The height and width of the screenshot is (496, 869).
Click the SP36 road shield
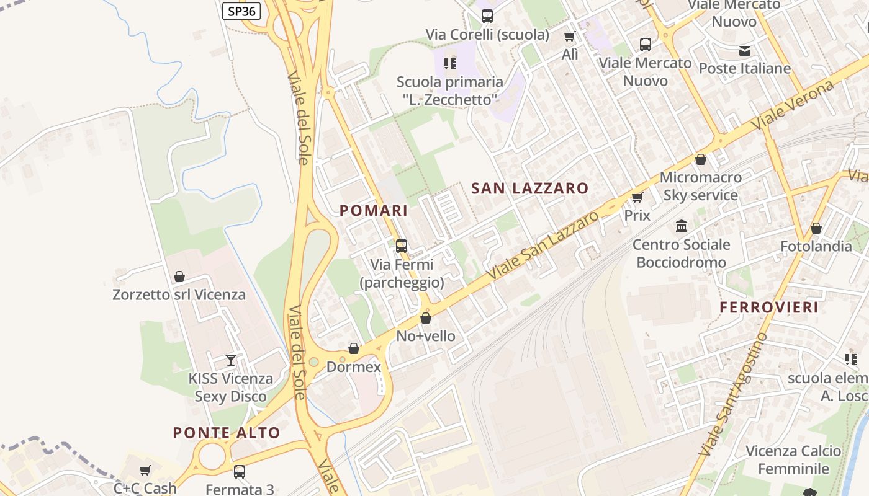pyautogui.click(x=241, y=11)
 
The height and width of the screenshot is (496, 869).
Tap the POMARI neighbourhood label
pyautogui.click(x=374, y=210)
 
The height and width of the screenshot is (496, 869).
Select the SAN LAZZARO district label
pyautogui.click(x=529, y=188)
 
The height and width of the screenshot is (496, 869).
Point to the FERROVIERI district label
pyautogui.click(x=769, y=307)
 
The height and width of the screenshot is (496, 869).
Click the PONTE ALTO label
pyautogui.click(x=227, y=432)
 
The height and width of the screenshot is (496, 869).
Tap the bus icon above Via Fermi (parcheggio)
pyautogui.click(x=402, y=246)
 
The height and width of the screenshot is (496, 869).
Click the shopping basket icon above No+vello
pyautogui.click(x=426, y=318)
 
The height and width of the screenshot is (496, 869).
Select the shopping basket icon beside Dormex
pyautogui.click(x=354, y=348)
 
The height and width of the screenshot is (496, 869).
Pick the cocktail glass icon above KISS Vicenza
pyautogui.click(x=231, y=360)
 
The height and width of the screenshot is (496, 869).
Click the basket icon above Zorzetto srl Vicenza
pyautogui.click(x=179, y=276)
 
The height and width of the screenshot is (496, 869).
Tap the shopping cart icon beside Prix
pyautogui.click(x=637, y=197)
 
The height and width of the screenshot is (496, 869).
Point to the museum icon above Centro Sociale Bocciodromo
pyautogui.click(x=682, y=226)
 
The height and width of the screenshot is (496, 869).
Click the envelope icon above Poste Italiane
pyautogui.click(x=744, y=50)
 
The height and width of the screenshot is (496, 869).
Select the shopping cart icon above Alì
pyautogui.click(x=569, y=36)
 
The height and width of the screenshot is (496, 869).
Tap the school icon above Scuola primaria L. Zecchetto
pyautogui.click(x=450, y=63)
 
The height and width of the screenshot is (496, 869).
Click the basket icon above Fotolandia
pyautogui.click(x=816, y=228)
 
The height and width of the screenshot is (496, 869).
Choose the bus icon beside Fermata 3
pyautogui.click(x=240, y=471)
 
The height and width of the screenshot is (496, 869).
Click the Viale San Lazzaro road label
pyautogui.click(x=543, y=244)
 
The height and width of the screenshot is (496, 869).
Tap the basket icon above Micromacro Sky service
pyautogui.click(x=701, y=159)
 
